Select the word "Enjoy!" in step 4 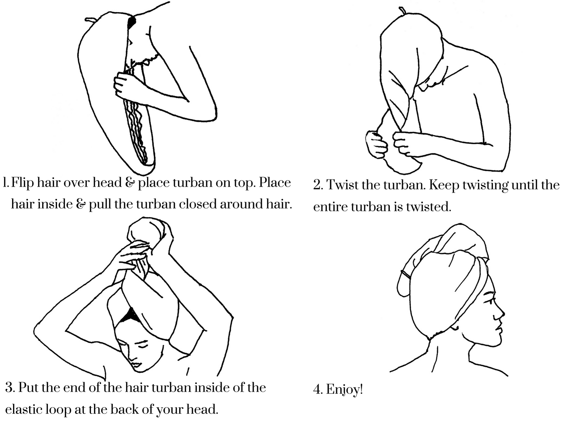[x=345, y=389]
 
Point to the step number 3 [x=9, y=388]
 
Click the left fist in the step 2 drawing [x=376, y=144]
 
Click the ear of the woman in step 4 [x=455, y=327]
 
